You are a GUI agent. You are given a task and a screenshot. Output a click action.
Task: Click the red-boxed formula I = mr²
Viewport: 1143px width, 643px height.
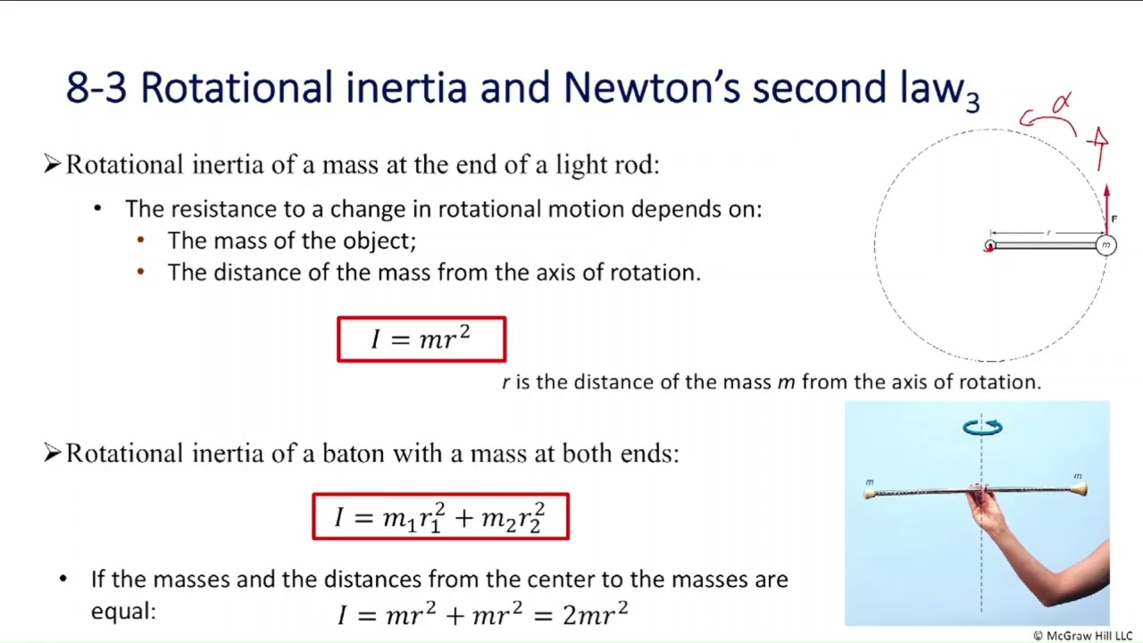click(x=421, y=339)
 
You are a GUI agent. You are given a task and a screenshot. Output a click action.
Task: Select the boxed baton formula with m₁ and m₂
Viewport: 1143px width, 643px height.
click(x=440, y=517)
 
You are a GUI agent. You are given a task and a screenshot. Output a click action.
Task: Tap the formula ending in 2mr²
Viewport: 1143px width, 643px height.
click(x=483, y=614)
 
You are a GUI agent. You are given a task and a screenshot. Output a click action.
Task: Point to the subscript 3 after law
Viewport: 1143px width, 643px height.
click(x=972, y=100)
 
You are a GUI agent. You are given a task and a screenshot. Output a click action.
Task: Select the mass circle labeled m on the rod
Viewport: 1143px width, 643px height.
click(x=1105, y=245)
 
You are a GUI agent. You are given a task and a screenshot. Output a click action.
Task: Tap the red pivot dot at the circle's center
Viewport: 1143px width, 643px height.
click(x=989, y=246)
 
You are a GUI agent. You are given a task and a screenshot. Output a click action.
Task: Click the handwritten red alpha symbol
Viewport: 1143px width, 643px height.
click(x=1061, y=104)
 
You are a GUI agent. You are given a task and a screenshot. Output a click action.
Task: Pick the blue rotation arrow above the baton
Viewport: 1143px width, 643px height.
click(x=982, y=428)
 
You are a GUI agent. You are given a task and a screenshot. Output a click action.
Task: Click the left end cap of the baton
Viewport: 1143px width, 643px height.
click(x=869, y=493)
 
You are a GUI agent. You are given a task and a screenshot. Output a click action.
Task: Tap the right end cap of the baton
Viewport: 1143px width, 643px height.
click(x=1080, y=489)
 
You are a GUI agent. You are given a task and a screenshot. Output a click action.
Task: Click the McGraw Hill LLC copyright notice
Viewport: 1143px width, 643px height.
click(x=1082, y=636)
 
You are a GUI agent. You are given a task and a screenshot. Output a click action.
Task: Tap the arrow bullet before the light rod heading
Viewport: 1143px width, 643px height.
click(x=52, y=164)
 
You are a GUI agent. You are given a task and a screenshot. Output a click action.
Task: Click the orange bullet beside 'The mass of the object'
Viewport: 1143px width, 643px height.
click(x=140, y=240)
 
